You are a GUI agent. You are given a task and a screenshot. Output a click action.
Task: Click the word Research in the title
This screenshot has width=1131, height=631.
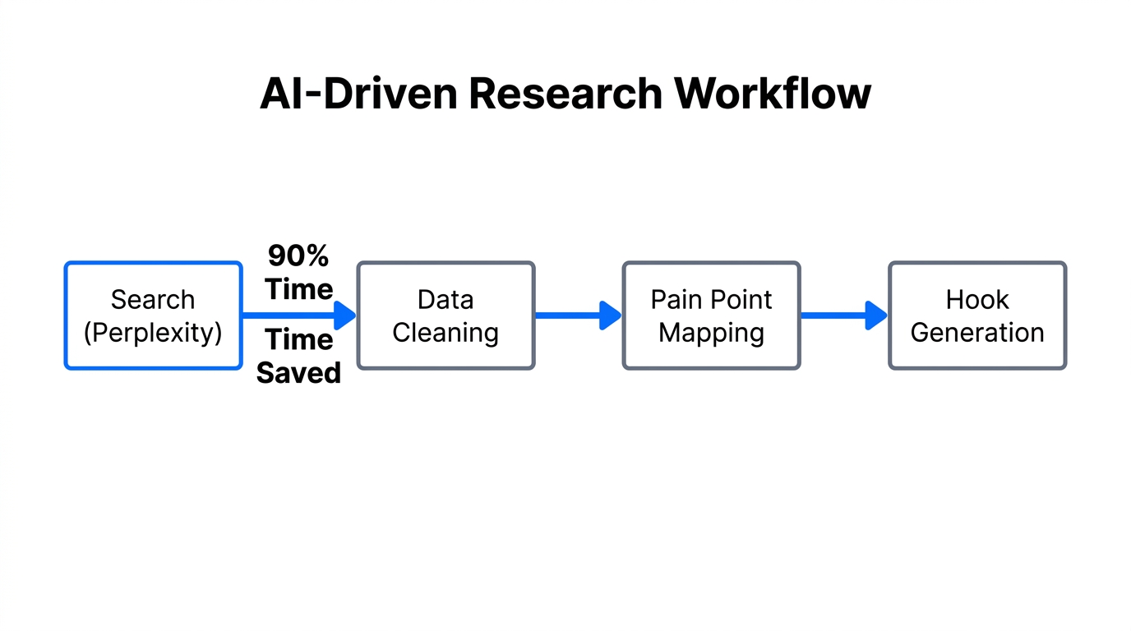(565, 94)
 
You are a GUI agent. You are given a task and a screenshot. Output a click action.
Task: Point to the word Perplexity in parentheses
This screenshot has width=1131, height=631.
(153, 333)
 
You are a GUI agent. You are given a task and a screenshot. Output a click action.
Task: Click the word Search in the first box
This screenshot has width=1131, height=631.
(153, 300)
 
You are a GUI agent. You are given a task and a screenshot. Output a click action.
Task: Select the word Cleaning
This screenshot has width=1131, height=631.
(445, 333)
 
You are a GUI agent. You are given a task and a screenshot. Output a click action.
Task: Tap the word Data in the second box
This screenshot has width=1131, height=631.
(445, 300)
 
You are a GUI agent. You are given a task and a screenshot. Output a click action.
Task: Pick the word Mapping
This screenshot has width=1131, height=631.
(711, 333)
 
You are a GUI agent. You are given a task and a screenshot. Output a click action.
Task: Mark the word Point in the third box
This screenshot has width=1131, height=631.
(742, 300)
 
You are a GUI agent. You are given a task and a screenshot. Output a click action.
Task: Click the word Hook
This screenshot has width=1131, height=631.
(976, 300)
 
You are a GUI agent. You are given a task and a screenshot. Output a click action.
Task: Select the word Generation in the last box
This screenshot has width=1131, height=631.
(976, 333)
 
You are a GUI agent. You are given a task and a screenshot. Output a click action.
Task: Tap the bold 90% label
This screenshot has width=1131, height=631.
(298, 256)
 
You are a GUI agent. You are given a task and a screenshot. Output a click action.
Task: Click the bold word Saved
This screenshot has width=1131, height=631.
(298, 373)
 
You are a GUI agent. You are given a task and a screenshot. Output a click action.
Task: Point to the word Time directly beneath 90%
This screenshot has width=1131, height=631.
(298, 289)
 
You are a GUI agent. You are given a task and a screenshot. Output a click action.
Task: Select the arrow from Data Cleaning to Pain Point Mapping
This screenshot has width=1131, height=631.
(578, 315)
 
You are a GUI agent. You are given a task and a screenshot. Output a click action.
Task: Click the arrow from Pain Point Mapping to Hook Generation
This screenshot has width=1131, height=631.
(843, 315)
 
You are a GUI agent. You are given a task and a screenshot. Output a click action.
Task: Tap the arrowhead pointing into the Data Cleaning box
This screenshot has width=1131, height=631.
(345, 315)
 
